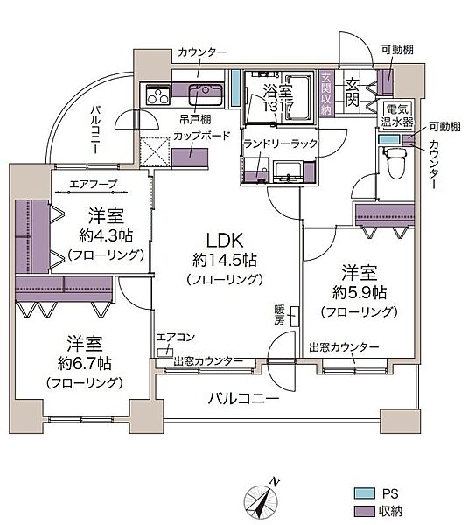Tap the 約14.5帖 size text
click(x=225, y=261)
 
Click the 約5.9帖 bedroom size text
click(x=360, y=292)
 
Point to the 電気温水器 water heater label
click(x=399, y=114)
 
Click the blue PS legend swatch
click(x=362, y=493)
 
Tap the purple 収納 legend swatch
click(x=362, y=510)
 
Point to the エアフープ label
click(x=91, y=185)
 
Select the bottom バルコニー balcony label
click(x=242, y=398)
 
